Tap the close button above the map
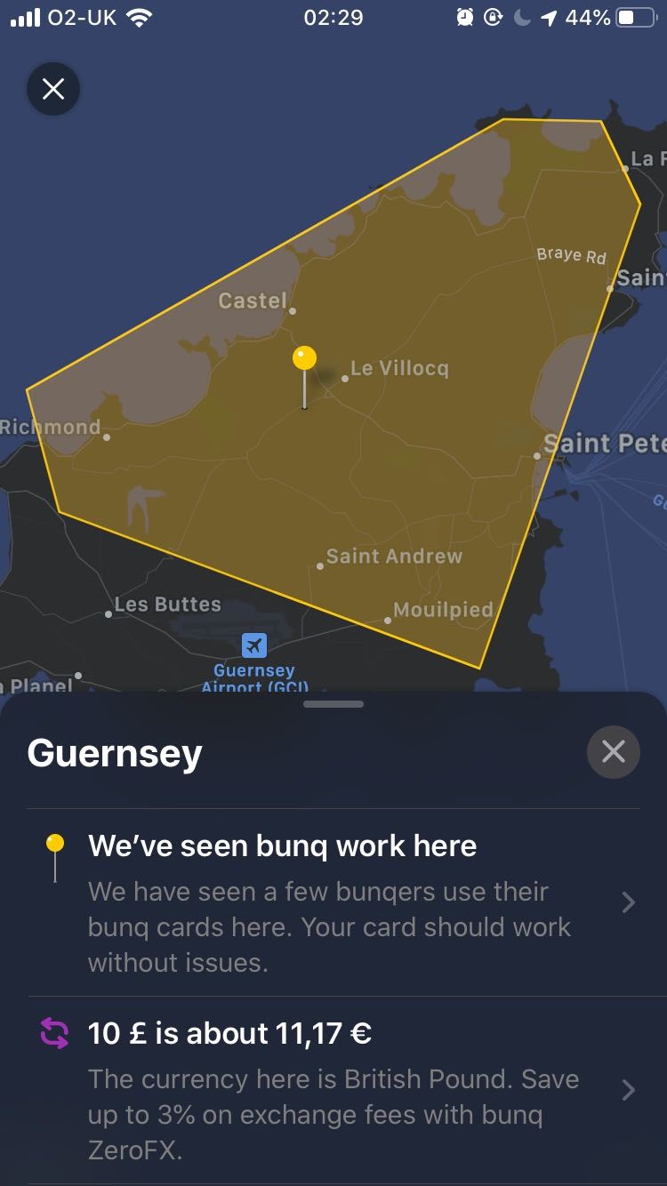tap(53, 89)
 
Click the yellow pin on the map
tap(304, 359)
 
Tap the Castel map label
tap(253, 301)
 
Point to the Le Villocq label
tap(399, 368)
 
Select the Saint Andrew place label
tap(394, 557)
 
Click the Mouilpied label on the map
tap(443, 610)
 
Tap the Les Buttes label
tap(167, 605)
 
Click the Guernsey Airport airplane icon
tap(254, 645)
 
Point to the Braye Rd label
tap(571, 255)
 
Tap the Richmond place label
tap(50, 427)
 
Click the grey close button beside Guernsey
tap(614, 752)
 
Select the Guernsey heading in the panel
tap(115, 753)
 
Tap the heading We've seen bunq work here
tap(282, 845)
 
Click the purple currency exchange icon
tap(54, 1033)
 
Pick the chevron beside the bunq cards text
tap(629, 903)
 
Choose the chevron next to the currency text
tap(629, 1090)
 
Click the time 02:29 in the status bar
tap(333, 18)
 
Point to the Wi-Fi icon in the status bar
tap(139, 18)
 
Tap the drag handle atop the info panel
tap(333, 704)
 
